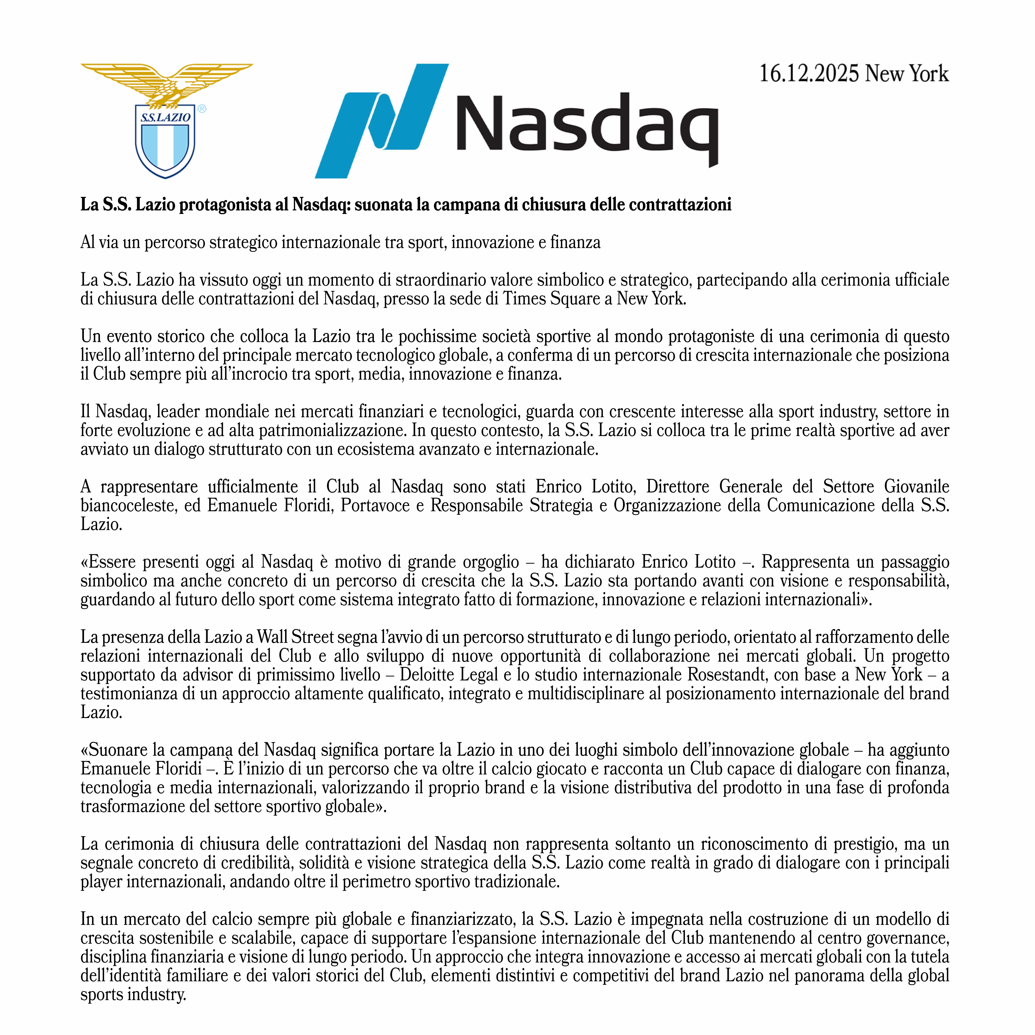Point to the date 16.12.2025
[x=809, y=73]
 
